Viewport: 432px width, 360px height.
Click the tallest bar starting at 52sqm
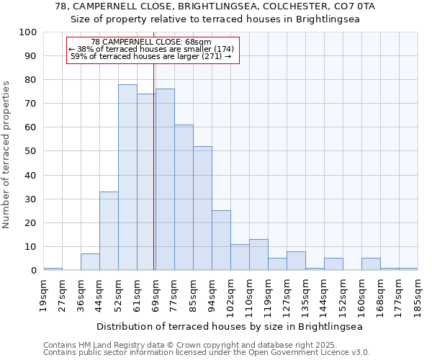click(x=127, y=177)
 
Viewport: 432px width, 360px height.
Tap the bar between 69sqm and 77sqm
click(x=165, y=179)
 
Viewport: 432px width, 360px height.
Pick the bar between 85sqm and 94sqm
click(x=202, y=208)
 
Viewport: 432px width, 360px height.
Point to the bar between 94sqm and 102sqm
click(x=221, y=240)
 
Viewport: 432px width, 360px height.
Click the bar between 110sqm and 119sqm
click(x=258, y=255)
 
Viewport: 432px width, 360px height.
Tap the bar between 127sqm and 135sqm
click(x=296, y=261)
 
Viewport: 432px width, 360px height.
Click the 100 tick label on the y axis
click(x=28, y=32)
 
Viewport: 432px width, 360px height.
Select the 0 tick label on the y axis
click(x=33, y=271)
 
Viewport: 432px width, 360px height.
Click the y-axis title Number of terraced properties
click(x=6, y=155)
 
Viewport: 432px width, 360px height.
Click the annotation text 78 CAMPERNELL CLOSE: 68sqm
click(x=151, y=42)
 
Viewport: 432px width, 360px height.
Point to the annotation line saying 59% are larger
click(x=151, y=56)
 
